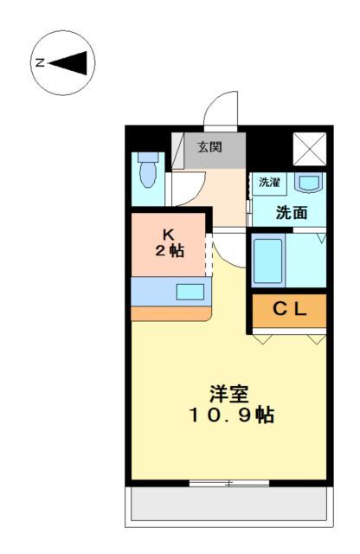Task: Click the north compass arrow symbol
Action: pos(69,62)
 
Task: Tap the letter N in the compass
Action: pos(40,62)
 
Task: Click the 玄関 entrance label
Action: pos(209,147)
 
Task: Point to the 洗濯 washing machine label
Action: pos(269,183)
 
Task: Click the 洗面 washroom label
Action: pos(290,212)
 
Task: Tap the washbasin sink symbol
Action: pos(308,183)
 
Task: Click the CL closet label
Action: pos(289,309)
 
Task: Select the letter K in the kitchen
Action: pos(170,234)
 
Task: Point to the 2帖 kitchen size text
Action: pos(170,251)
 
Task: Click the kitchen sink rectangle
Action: pos(190,292)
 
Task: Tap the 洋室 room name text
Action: pos(228,394)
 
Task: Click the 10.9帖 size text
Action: pos(228,415)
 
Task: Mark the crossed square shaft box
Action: pos(308,147)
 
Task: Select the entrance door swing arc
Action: pos(220,110)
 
